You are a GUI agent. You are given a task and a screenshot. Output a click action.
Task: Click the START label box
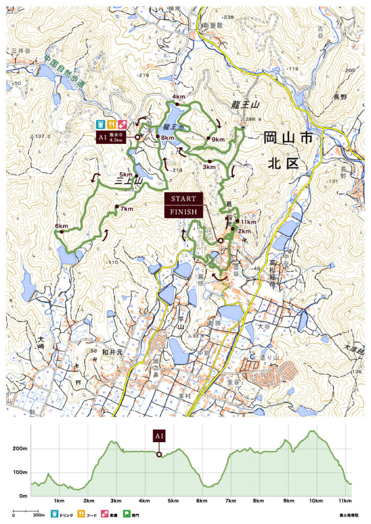click(183, 199)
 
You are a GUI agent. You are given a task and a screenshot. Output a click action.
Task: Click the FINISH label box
click(183, 212)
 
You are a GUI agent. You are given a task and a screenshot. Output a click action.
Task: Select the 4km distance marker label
click(178, 97)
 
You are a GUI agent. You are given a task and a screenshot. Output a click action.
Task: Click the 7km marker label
click(127, 209)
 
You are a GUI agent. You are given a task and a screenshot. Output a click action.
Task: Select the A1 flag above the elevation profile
click(159, 436)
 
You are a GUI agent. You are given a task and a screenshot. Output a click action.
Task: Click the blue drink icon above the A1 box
click(101, 124)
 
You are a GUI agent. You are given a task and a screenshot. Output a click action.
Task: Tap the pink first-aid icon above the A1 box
click(122, 124)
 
